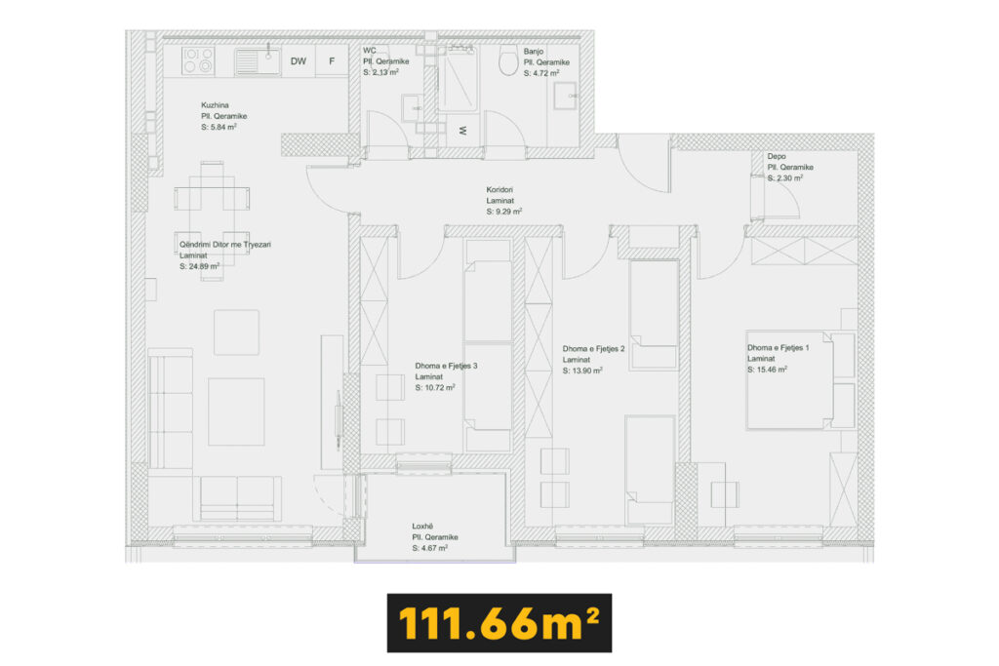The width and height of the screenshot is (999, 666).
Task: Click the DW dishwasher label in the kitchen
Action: click(299, 61)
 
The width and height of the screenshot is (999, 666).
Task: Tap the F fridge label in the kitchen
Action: click(332, 61)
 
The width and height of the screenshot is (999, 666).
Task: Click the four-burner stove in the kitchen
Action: click(199, 61)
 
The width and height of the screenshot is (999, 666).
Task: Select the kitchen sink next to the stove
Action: click(258, 61)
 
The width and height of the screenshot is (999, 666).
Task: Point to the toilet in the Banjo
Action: click(508, 59)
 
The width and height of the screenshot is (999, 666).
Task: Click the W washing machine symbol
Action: click(463, 130)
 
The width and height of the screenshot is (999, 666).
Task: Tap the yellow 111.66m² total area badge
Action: click(499, 623)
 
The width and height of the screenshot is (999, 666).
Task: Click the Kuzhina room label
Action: click(215, 105)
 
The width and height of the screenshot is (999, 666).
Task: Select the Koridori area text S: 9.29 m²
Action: click(504, 212)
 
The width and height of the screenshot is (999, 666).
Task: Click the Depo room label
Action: click(776, 156)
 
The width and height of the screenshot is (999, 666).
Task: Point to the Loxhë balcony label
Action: click(422, 526)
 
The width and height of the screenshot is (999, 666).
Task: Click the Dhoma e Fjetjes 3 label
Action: click(446, 366)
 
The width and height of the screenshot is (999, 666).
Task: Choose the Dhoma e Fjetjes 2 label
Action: click(593, 349)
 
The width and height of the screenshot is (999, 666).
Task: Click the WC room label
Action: click(370, 51)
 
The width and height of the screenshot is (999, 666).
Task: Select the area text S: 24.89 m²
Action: click(199, 266)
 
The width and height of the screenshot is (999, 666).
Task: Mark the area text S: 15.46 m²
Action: click(767, 370)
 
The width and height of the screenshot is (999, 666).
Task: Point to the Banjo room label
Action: click(534, 52)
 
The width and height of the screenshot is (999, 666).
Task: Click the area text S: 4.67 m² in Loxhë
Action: click(429, 548)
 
